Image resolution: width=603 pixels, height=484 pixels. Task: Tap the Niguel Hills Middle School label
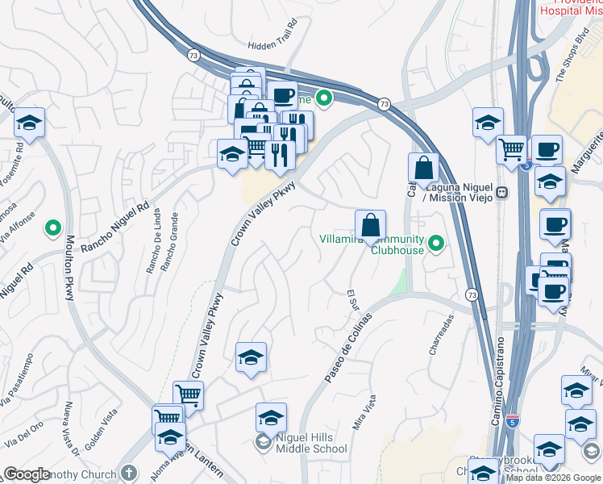pos(310,442)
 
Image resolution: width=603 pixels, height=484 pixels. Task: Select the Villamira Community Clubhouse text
pos(372,244)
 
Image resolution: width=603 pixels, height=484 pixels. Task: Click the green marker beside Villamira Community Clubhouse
pos(437,242)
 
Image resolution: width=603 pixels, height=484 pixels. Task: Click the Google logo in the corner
pos(27,474)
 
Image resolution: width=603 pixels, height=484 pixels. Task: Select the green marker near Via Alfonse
pos(54,228)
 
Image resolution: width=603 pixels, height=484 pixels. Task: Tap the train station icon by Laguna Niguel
pos(501,192)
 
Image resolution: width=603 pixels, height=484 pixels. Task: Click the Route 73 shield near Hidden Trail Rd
pos(193,54)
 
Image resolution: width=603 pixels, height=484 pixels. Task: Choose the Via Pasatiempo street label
pos(16,379)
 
